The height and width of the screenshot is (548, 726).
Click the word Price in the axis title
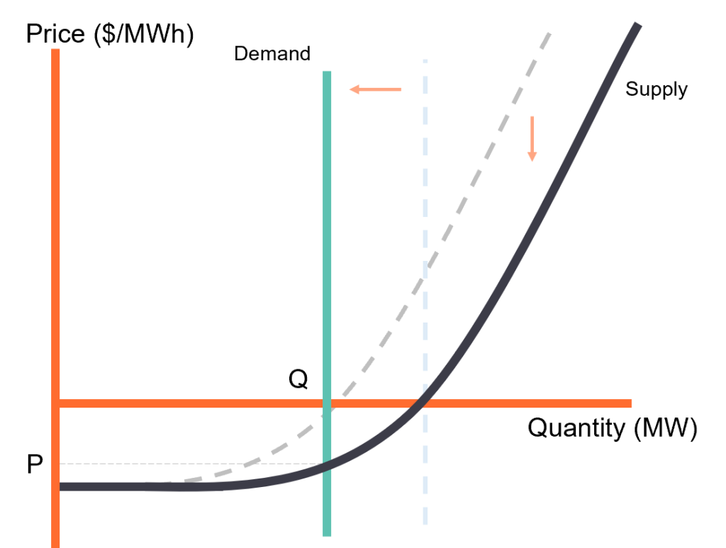pos(55,34)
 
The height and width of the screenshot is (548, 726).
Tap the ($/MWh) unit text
pos(144,35)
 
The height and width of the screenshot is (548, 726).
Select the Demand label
pos(272,54)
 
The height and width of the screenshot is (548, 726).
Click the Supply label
pos(656,89)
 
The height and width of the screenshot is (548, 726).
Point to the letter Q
pos(298,379)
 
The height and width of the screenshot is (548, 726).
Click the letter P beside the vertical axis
pos(35,464)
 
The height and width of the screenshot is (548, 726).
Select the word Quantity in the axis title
pos(576,427)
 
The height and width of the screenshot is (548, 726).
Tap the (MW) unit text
pos(665,428)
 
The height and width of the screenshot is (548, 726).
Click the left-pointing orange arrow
pos(375,89)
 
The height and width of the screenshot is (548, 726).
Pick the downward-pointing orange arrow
pos(532,139)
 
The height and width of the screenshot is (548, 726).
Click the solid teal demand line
pos(327,303)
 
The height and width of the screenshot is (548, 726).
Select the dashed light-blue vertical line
pos(425,291)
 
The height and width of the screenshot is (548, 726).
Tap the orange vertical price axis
pos(55,298)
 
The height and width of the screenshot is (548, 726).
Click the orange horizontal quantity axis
pos(345,403)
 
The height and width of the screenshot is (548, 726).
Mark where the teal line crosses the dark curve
pos(327,465)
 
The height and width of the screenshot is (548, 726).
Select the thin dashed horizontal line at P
pos(191,464)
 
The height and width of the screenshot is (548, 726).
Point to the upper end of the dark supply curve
pos(638,25)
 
